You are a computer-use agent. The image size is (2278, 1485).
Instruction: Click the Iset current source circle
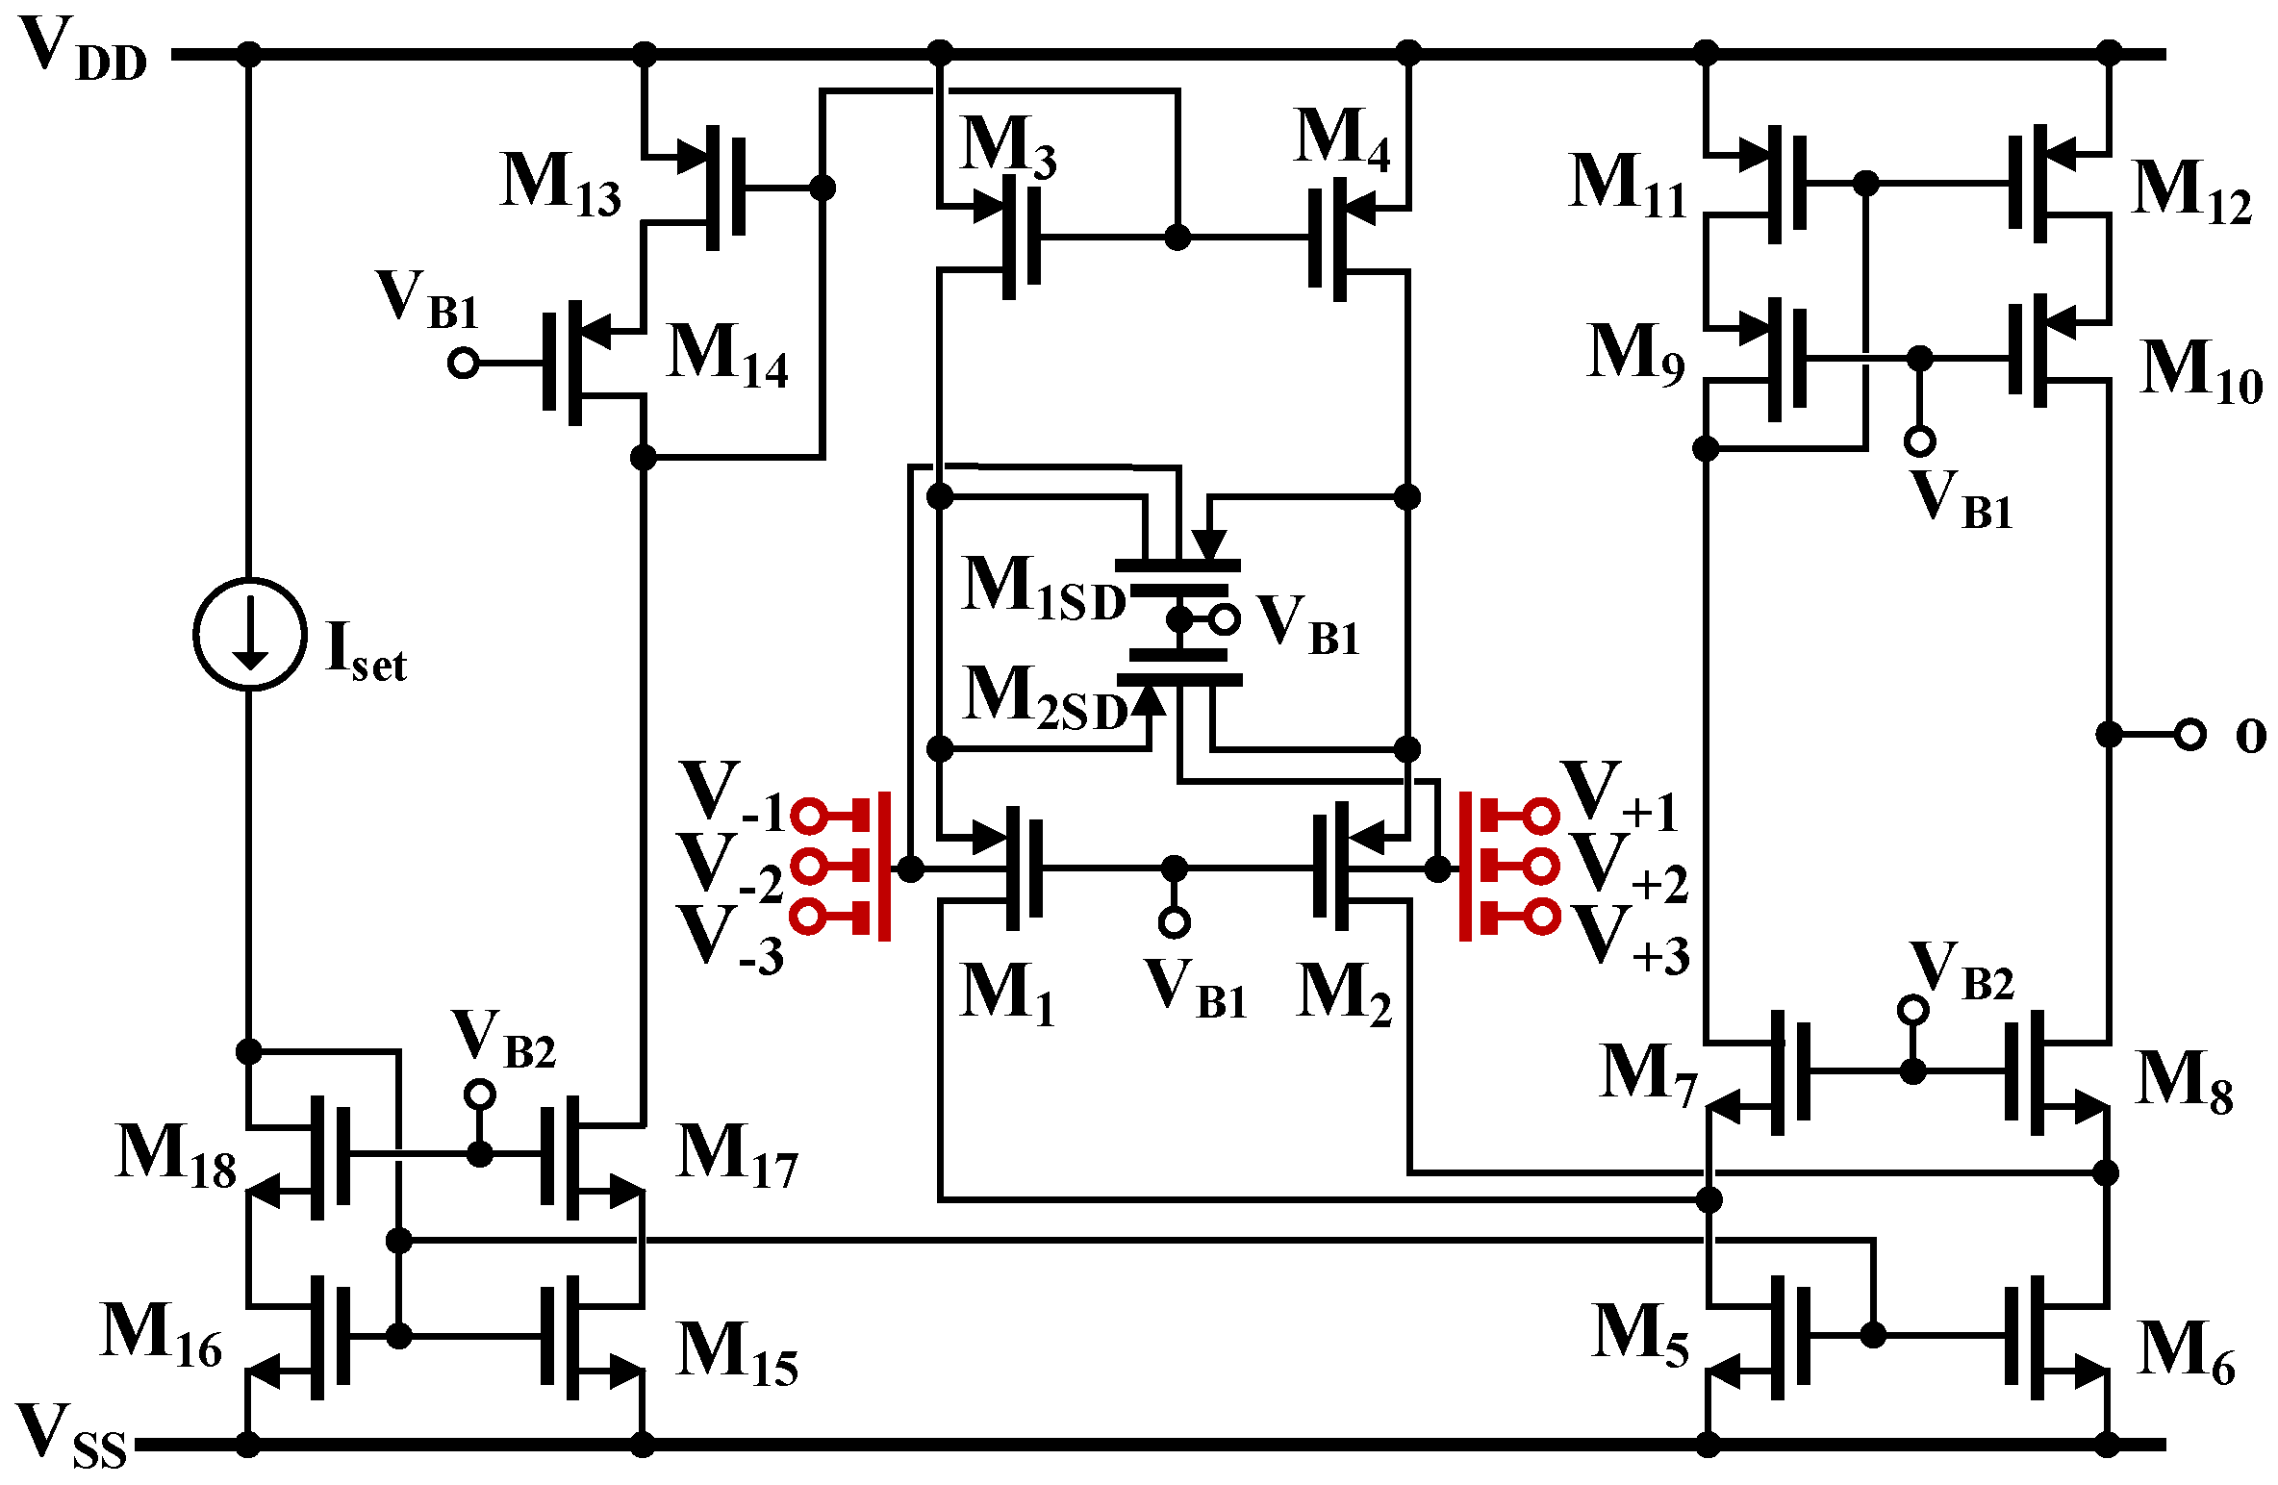250,634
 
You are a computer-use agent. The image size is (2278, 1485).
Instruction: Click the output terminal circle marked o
2190,735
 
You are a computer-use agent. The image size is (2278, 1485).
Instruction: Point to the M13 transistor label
561,184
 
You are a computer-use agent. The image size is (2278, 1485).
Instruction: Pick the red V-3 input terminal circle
809,916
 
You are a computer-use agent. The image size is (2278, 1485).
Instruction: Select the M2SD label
1046,697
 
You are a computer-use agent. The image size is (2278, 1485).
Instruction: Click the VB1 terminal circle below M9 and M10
1919,441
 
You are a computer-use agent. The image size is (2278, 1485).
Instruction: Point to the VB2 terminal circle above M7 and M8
1912,1010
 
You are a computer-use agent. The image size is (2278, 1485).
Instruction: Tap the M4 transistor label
1342,140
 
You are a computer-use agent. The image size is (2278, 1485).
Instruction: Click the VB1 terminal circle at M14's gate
464,364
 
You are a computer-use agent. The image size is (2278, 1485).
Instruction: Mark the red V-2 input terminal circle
809,867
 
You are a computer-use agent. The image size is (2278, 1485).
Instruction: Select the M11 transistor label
1628,185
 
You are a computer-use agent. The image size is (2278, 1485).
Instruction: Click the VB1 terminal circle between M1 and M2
1174,922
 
